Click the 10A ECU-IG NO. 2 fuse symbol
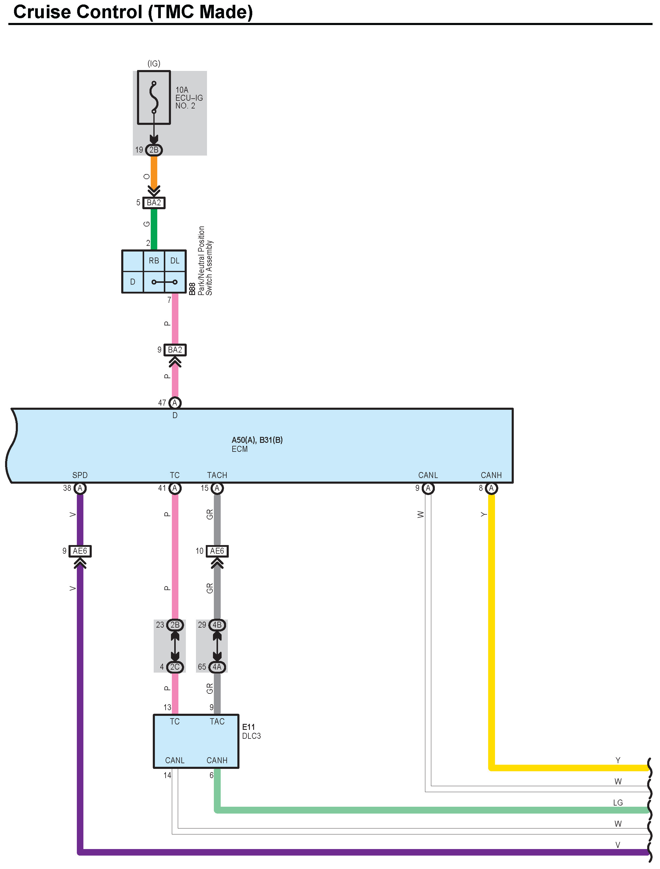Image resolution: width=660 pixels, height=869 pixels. [x=154, y=97]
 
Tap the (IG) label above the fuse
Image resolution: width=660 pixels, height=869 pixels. [x=154, y=63]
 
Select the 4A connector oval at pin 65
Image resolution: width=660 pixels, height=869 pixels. [x=217, y=667]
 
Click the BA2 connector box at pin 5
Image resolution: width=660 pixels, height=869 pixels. [x=154, y=203]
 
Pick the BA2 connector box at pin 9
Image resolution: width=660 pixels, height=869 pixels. [x=175, y=350]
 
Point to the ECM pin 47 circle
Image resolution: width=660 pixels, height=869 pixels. [x=175, y=403]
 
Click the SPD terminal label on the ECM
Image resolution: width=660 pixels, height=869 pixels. [x=80, y=475]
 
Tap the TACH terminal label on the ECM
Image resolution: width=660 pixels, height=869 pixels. [x=217, y=475]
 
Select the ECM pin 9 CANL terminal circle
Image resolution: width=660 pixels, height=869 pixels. [x=428, y=488]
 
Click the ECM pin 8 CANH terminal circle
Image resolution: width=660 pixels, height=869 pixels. [x=491, y=488]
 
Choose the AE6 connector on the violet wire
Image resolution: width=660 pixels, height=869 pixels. [x=80, y=551]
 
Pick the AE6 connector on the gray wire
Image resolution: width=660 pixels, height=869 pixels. [x=217, y=551]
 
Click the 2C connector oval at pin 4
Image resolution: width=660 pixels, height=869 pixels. [x=175, y=667]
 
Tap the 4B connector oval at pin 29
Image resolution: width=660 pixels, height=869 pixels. [x=217, y=625]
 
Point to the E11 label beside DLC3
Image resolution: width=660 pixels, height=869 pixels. [x=248, y=727]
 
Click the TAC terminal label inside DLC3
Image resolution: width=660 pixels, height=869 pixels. [x=217, y=721]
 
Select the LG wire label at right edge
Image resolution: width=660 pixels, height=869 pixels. [x=618, y=803]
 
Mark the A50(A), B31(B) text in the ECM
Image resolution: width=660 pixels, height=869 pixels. [x=257, y=440]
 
